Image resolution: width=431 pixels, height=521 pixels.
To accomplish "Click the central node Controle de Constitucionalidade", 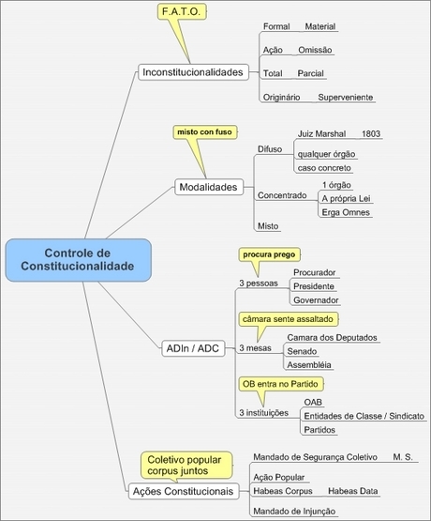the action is [x=79, y=260].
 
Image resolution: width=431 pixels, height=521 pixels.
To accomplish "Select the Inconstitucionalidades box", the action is [x=193, y=72].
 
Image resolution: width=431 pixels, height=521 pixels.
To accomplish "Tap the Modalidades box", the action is [x=209, y=187].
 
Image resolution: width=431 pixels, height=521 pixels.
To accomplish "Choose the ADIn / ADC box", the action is [x=193, y=348].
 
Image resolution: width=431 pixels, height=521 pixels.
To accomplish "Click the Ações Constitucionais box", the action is [x=184, y=491].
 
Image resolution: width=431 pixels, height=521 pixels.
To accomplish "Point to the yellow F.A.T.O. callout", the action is [x=182, y=11].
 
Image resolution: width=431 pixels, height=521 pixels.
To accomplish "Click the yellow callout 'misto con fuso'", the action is [x=205, y=132].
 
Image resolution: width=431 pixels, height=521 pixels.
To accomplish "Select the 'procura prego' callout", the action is [x=269, y=254].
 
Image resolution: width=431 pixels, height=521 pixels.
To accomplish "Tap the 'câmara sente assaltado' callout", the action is [x=288, y=319].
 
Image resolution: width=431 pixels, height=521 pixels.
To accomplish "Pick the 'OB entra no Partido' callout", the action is [x=280, y=384].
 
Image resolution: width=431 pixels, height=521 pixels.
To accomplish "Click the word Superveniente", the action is [x=346, y=98].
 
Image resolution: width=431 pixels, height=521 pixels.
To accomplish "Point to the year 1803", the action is [x=371, y=134].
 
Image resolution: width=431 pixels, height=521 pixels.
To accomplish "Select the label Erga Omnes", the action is [x=346, y=212].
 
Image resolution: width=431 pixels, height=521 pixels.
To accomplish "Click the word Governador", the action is [x=316, y=300].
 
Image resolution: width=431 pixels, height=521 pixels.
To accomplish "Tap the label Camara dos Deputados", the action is [x=333, y=338].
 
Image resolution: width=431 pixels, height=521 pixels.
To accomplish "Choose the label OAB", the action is [x=313, y=403].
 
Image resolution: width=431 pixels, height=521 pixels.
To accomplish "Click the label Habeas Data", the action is [x=353, y=491].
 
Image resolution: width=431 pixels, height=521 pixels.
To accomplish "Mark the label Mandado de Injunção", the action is [x=294, y=512].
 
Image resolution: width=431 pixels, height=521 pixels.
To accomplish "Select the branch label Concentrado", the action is [x=282, y=195].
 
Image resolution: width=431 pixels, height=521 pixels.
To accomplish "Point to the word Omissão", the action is [x=315, y=50].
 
